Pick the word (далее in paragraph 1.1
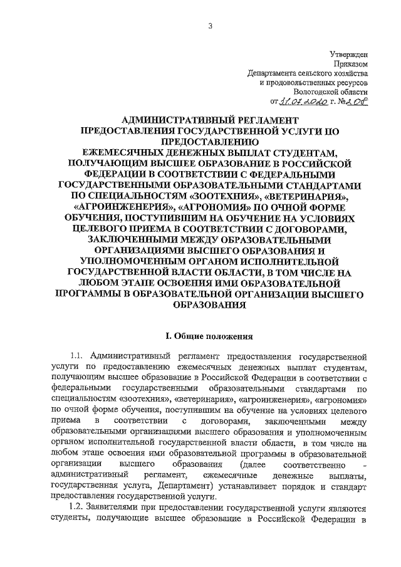(251, 463)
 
